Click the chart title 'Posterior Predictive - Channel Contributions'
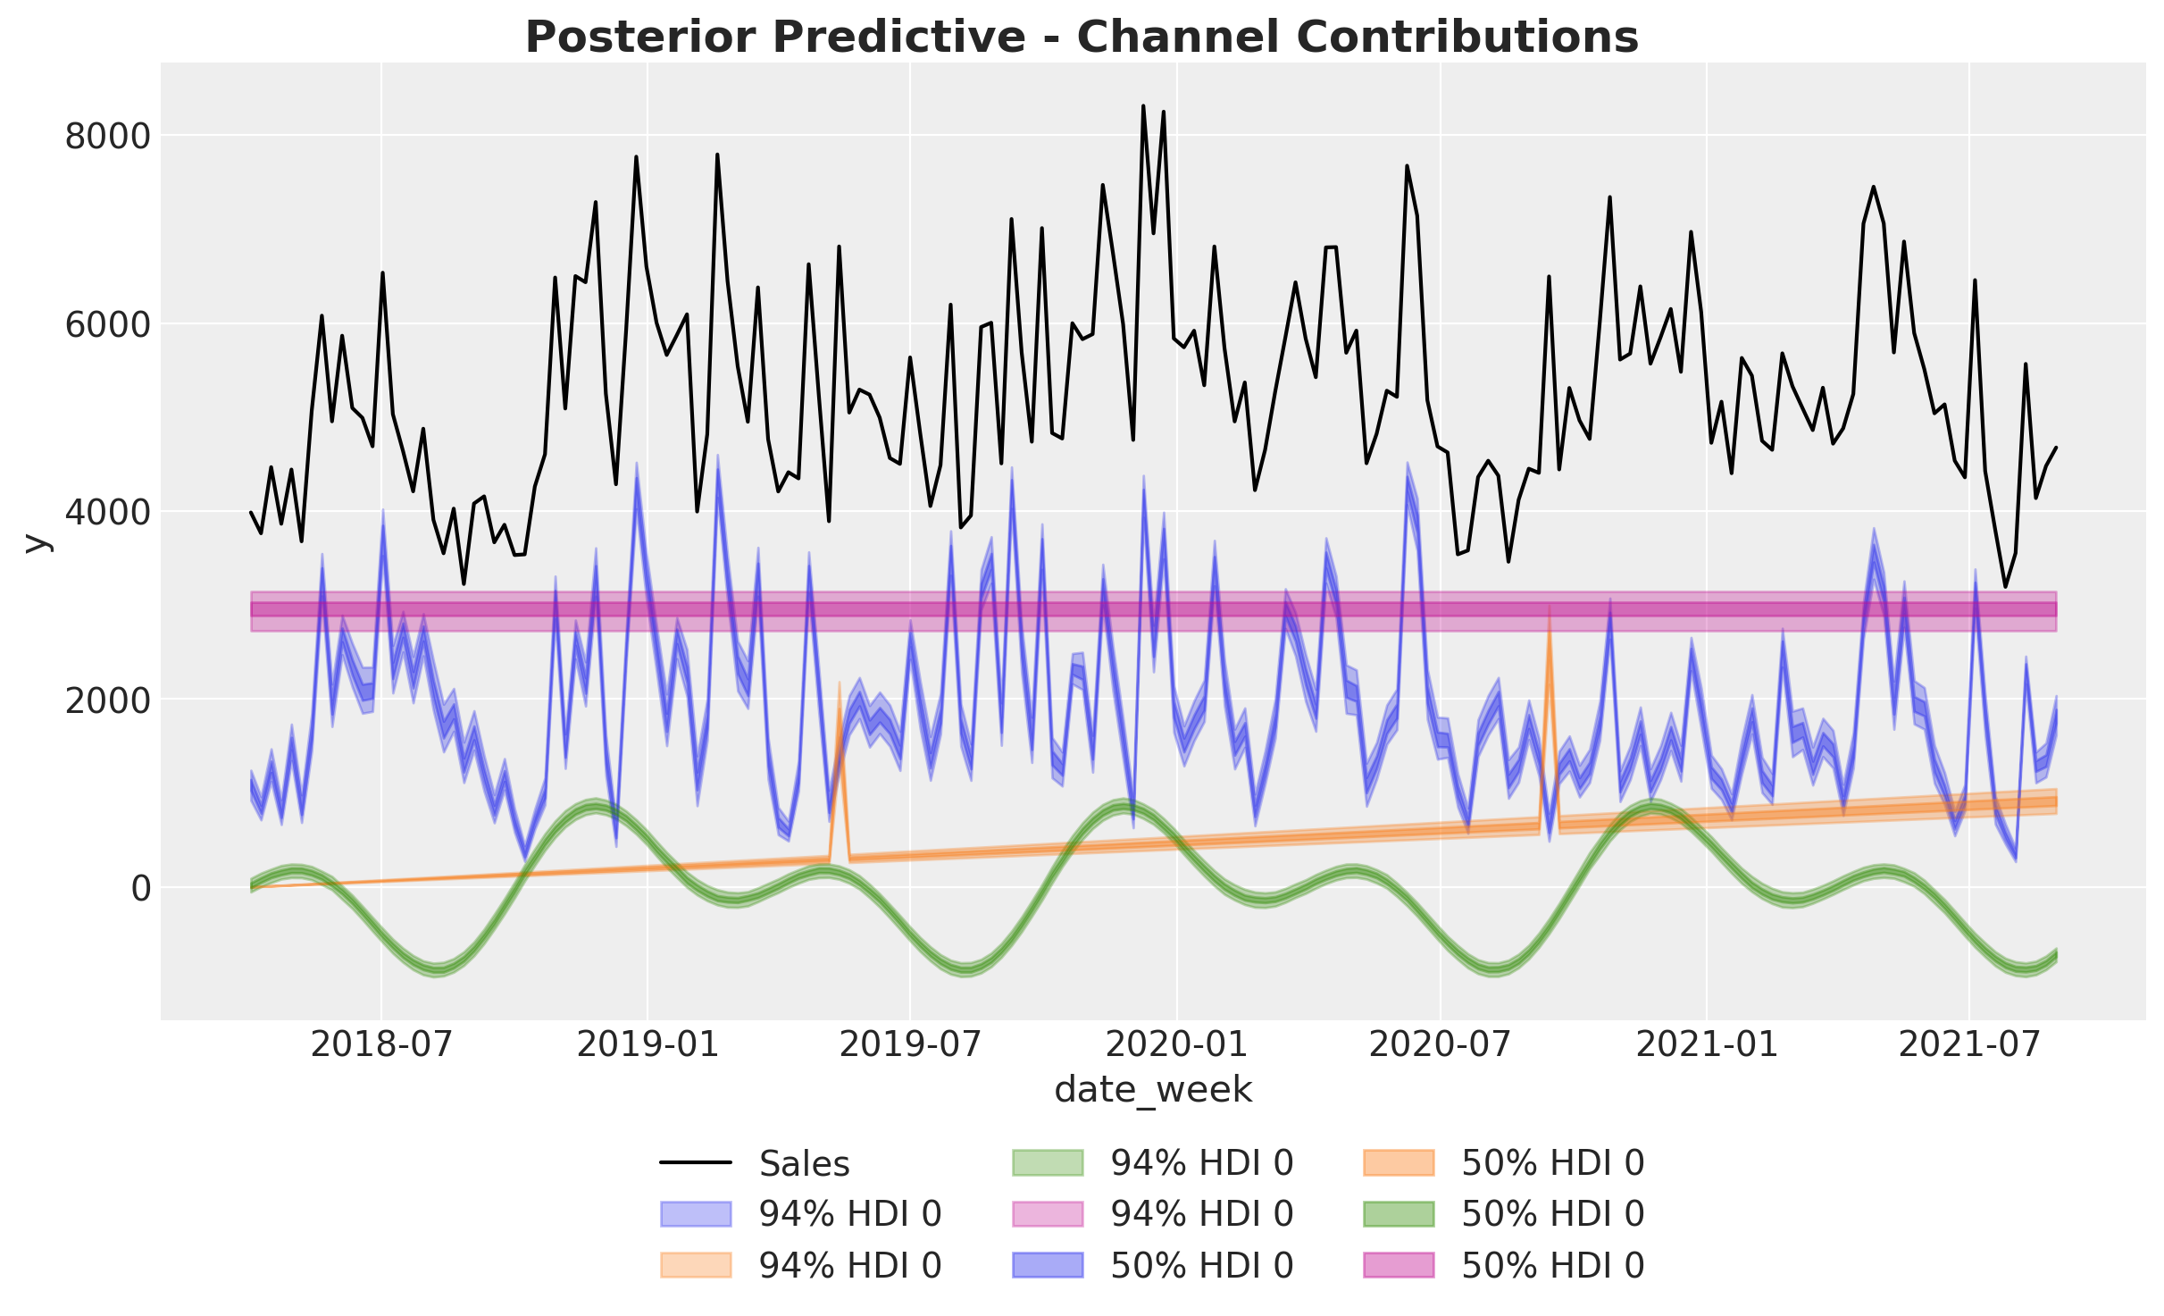click(1082, 38)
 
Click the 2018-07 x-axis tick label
click(381, 1044)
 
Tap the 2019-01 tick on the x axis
click(648, 1044)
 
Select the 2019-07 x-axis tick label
click(910, 1044)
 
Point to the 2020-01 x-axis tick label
click(1177, 1044)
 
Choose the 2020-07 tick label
click(1440, 1044)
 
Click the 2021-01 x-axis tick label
click(1707, 1044)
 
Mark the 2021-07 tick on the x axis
click(1969, 1044)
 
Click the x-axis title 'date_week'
click(1153, 1090)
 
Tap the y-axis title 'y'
click(36, 541)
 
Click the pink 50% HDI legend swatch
click(1399, 1265)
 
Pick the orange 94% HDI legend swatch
click(696, 1265)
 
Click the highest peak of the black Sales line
click(1143, 105)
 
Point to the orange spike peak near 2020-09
click(1550, 607)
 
